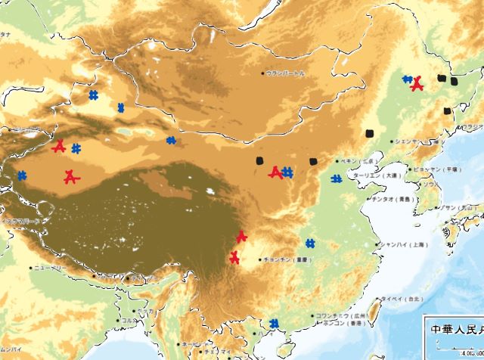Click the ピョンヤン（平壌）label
coord(438,170)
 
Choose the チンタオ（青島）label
coord(391,200)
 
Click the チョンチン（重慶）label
coord(287,259)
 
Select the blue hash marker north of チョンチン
coord(310,244)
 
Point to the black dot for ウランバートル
coord(263,73)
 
